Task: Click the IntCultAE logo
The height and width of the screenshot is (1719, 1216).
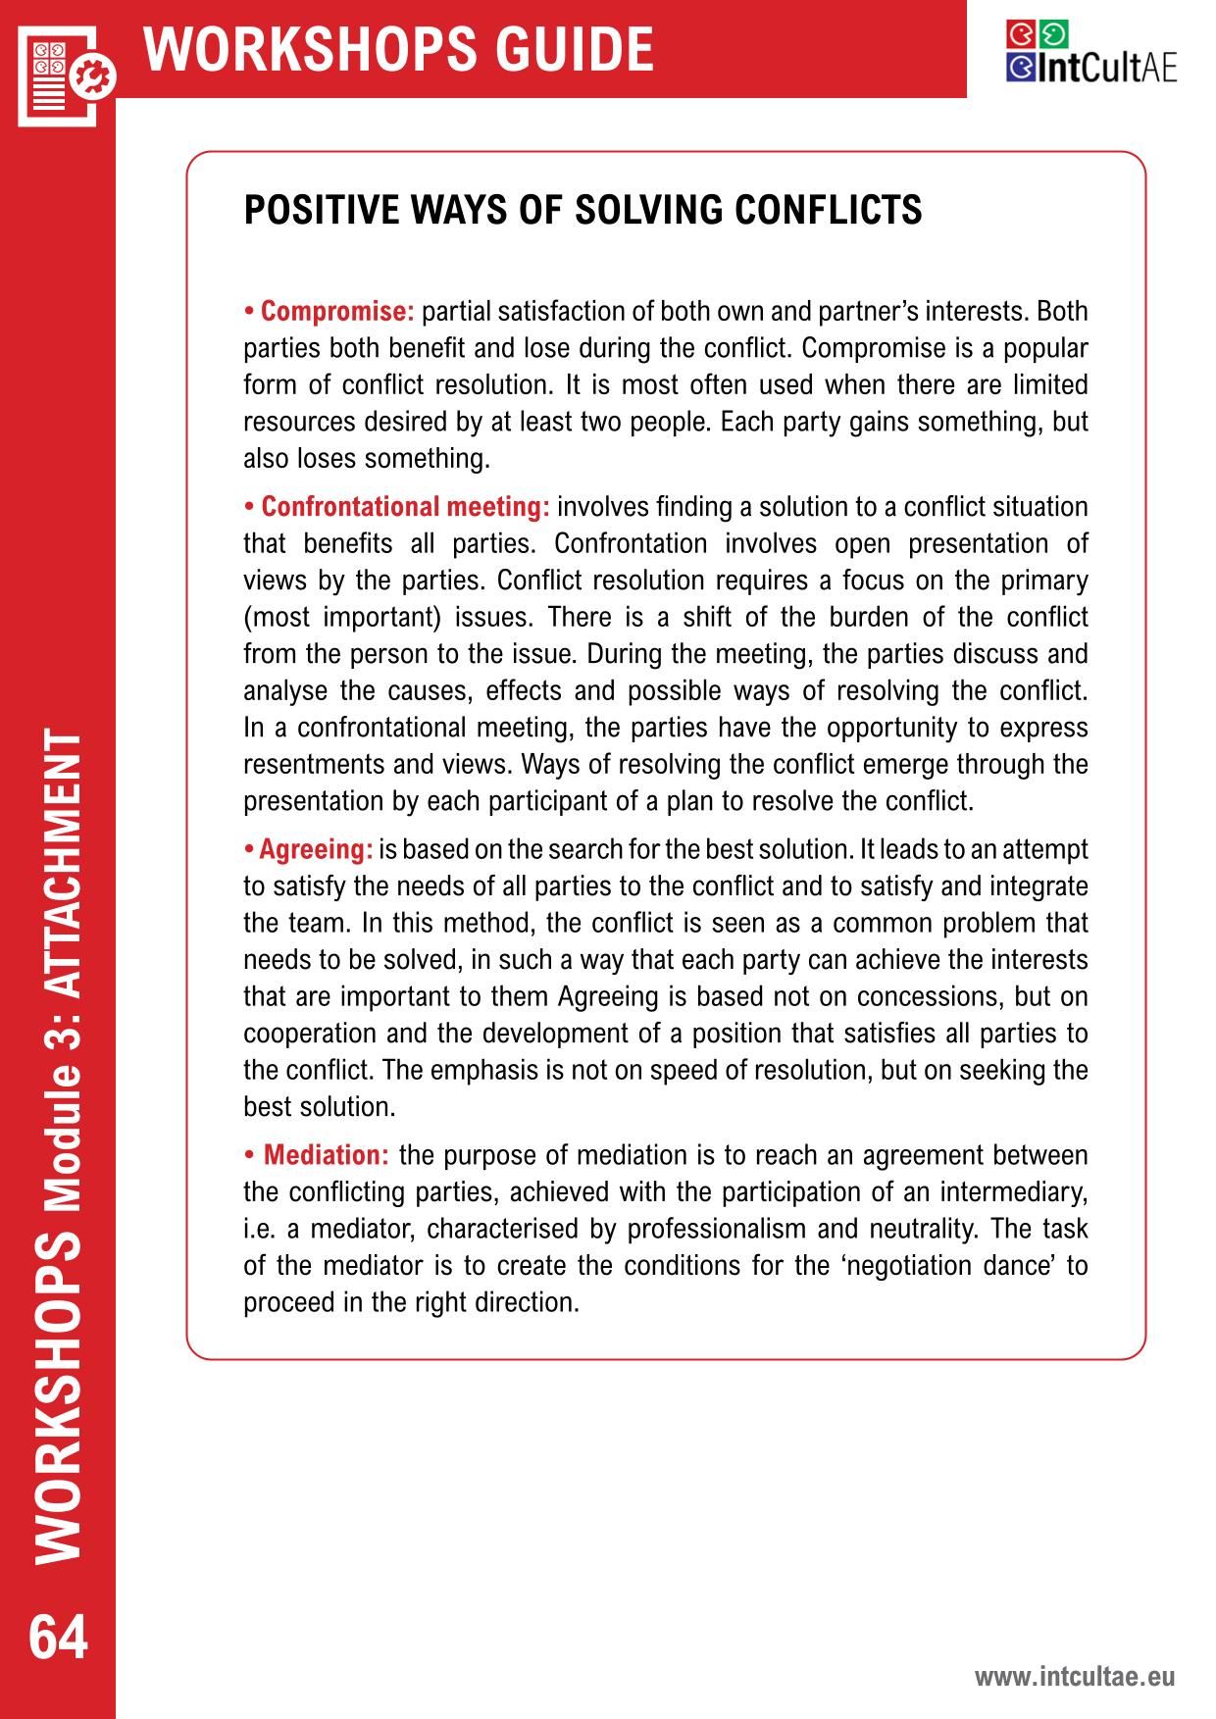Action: (1090, 53)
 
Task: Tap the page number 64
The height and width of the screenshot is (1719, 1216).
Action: (58, 1638)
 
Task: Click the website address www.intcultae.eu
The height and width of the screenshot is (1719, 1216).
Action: (1074, 1676)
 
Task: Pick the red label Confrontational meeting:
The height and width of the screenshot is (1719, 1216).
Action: (405, 507)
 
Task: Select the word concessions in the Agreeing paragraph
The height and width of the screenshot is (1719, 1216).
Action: (930, 996)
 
